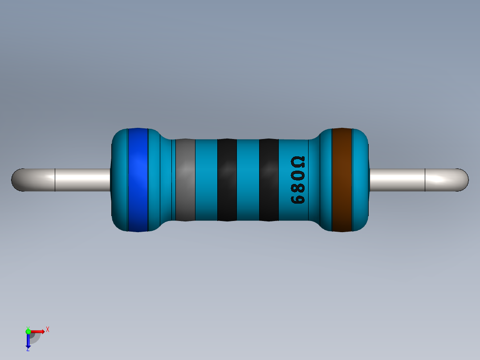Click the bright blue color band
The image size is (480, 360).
tap(138, 180)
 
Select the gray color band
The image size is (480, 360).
tap(185, 180)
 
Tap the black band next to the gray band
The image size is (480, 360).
tap(227, 180)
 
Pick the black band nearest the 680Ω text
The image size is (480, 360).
tap(268, 180)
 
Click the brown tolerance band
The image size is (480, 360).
tap(342, 180)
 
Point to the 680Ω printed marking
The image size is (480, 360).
tap(297, 180)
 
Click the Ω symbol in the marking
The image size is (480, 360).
tap(297, 161)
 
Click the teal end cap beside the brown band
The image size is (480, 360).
tap(361, 180)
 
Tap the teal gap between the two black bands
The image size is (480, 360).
tap(248, 180)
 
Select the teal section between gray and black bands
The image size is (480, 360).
tap(206, 180)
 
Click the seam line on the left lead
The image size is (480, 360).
tap(55, 180)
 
